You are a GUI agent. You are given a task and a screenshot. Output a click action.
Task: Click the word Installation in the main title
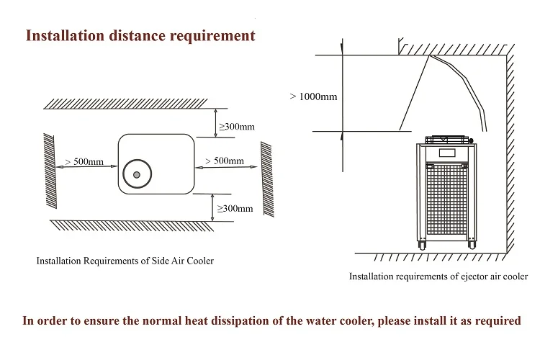point(65,36)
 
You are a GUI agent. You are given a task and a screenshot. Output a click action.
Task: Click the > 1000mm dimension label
point(313,96)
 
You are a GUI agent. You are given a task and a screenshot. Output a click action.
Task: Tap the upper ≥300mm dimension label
point(237,127)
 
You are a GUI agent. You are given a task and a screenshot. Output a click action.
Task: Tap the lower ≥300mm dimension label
point(235,208)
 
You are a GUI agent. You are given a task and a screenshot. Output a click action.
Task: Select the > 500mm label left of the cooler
point(84,161)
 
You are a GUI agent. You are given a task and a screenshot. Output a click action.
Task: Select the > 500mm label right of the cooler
point(225,161)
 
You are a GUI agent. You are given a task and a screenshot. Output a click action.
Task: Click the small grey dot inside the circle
point(136,175)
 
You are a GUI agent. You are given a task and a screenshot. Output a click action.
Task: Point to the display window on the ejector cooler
point(447,153)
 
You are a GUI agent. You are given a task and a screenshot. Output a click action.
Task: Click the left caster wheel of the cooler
point(422,245)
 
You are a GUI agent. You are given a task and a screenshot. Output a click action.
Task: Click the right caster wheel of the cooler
point(472,245)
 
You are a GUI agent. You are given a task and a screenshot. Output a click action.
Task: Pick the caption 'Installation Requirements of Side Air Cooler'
point(125,261)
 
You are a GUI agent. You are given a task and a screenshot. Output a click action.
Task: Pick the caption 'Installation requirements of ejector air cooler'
point(438,276)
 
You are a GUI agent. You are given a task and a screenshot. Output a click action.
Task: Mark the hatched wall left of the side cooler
point(50,171)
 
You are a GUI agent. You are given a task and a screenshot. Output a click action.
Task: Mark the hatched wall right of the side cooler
point(267,179)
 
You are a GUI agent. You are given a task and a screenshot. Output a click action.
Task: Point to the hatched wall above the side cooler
point(126,104)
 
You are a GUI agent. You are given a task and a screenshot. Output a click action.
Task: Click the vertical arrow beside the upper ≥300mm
point(215,123)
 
